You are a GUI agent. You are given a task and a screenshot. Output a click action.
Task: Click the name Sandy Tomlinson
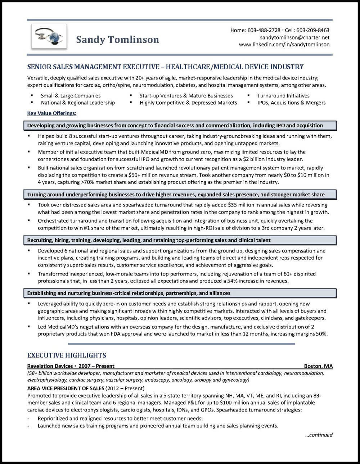pos(117,39)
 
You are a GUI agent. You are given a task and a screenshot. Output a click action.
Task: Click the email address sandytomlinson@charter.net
pos(294,37)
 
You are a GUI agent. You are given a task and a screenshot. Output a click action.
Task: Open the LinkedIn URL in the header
pos(284,45)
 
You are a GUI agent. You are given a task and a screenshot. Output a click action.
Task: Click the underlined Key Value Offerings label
pos(52,113)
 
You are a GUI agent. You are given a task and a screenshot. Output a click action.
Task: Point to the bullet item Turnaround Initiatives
pos(283,96)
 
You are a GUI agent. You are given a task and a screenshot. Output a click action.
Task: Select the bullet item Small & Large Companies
pos(71,96)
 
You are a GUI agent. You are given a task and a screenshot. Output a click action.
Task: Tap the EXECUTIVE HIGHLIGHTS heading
pos(67,355)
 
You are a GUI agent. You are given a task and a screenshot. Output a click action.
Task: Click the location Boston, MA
pos(318,366)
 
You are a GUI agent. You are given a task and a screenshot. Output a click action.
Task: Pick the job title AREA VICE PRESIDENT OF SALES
pos(66,388)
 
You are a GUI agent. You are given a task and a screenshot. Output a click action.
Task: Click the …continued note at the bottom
pos(319,435)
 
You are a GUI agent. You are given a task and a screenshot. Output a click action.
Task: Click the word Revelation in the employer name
pos(40,366)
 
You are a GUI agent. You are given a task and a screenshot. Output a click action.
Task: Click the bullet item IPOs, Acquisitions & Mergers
pos(291,103)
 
